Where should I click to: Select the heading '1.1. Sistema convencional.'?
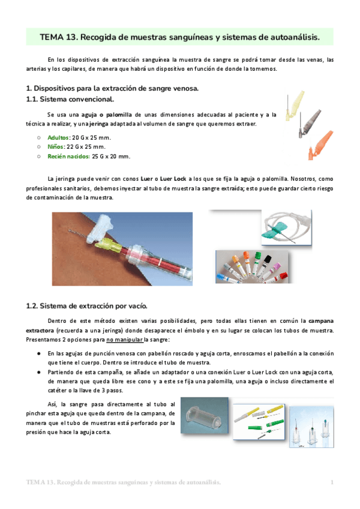[x=70, y=99]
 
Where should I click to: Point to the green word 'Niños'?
[x=56, y=147]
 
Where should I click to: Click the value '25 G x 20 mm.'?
[x=111, y=157]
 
